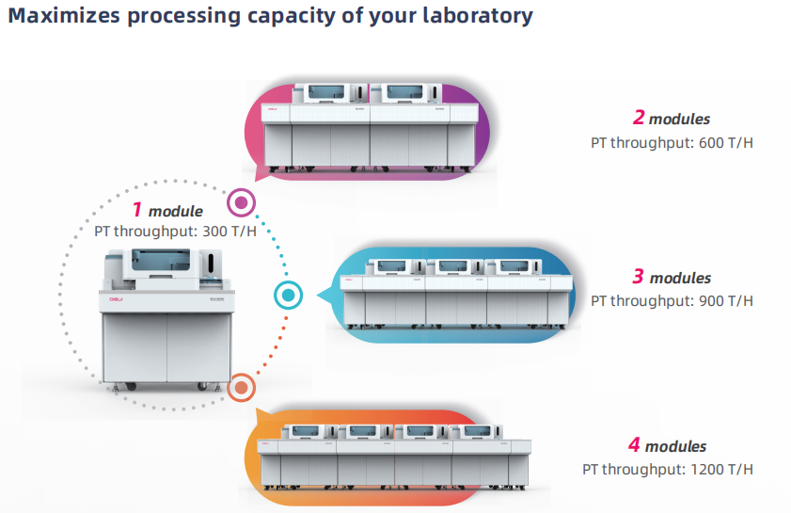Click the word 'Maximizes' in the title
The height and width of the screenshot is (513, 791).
[x=64, y=16]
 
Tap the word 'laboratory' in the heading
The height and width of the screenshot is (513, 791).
[x=477, y=17]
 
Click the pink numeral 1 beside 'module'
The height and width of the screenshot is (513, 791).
[x=136, y=209]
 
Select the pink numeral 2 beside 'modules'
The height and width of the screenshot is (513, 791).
[x=639, y=117]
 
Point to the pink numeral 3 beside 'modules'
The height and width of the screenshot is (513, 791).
[x=638, y=276]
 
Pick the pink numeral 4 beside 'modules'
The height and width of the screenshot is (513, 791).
[x=634, y=445]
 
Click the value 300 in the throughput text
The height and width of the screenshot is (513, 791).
[x=214, y=232]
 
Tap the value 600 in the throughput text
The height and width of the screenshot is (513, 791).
[x=711, y=143]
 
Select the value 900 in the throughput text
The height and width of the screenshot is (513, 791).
[x=711, y=301]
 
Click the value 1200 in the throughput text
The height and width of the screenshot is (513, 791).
[x=707, y=470]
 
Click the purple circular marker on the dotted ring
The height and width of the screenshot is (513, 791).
[x=241, y=202]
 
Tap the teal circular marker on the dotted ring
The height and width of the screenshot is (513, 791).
[x=288, y=296]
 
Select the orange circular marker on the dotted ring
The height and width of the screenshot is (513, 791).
[x=241, y=388]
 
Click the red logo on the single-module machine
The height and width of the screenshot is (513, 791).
[x=116, y=299]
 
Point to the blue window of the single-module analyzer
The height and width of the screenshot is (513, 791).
[x=161, y=260]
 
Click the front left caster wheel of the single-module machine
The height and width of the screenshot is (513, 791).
[x=131, y=387]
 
